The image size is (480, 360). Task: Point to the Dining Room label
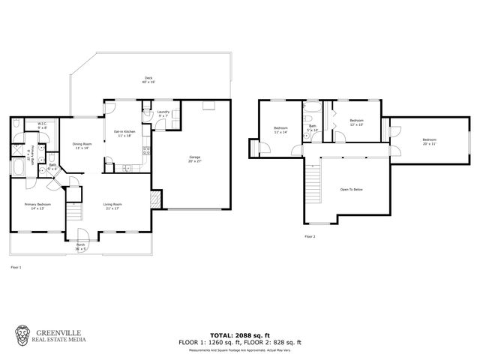pyautogui.click(x=81, y=145)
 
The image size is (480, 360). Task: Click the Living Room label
pyautogui.click(x=112, y=205)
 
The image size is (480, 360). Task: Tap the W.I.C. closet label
pyautogui.click(x=43, y=126)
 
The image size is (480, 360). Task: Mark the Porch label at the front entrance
pyautogui.click(x=81, y=246)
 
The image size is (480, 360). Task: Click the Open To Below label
pyautogui.click(x=351, y=189)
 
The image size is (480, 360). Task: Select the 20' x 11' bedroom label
pyautogui.click(x=428, y=142)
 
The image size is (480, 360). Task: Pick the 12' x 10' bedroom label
pyautogui.click(x=355, y=122)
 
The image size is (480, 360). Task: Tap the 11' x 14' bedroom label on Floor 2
pyautogui.click(x=280, y=130)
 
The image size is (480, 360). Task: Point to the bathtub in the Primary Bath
pyautogui.click(x=18, y=166)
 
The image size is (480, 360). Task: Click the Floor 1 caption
pyautogui.click(x=16, y=267)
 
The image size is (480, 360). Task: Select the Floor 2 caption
pyautogui.click(x=310, y=236)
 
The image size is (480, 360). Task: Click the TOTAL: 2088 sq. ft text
pyautogui.click(x=240, y=334)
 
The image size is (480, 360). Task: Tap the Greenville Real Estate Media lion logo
pyautogui.click(x=23, y=334)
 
